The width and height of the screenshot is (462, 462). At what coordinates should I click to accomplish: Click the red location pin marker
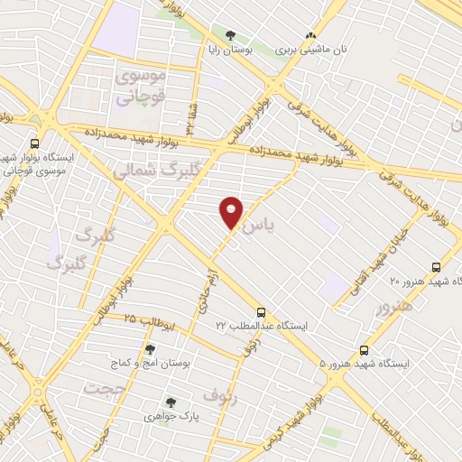point(231,212)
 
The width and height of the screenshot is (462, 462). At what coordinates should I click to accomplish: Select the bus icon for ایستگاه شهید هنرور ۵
point(365,349)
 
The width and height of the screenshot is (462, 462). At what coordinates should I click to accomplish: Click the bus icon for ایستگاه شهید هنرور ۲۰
point(436,267)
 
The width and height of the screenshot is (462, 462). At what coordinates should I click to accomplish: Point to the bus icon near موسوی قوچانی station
point(35,143)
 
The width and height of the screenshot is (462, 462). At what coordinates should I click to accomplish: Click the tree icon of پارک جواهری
point(168,403)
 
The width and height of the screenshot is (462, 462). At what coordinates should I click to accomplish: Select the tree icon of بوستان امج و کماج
point(150,349)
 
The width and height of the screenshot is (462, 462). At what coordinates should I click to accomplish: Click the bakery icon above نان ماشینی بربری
point(313,36)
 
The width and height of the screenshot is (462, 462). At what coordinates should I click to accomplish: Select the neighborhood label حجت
point(102,388)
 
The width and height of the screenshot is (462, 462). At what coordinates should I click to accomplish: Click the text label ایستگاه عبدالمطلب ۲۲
point(261,325)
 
